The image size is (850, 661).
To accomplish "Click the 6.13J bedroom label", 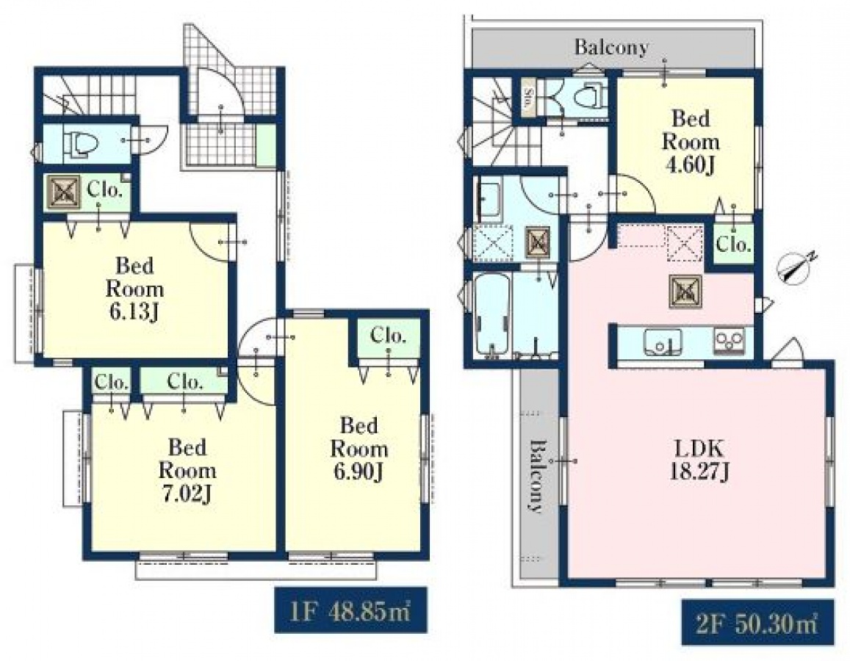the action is coord(134,288).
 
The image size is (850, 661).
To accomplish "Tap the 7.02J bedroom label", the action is coord(187,470).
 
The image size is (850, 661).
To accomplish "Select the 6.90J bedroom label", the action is coord(359,449).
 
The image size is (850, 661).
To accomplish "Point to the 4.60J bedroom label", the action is coord(690,142).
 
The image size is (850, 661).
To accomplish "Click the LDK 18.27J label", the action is coord(699,460).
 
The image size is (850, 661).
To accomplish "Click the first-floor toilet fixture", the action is coord(82,144).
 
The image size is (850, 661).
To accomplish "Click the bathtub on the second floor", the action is coord(491,317).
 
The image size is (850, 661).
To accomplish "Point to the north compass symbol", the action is coord(796,268).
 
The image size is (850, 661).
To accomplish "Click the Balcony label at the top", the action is coord(611,47).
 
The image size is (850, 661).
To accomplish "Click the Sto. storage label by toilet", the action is coord(528,98).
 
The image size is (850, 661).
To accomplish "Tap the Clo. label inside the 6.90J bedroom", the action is coord(388,336).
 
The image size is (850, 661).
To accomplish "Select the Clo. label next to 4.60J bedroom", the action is coord(733,245).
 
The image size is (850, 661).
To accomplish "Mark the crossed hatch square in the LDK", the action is coord(685,291).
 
